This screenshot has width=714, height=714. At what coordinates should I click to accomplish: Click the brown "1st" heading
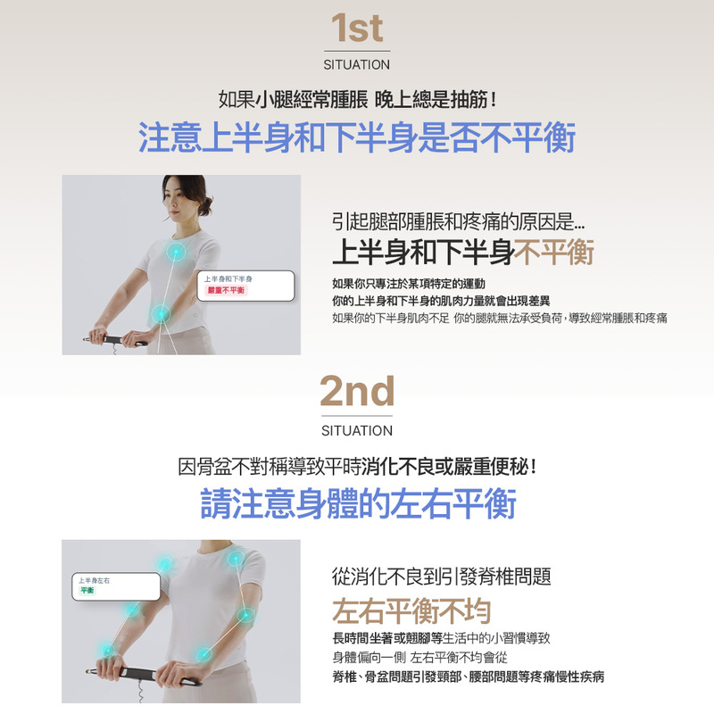click(357, 29)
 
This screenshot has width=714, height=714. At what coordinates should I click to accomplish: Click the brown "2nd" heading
click(357, 391)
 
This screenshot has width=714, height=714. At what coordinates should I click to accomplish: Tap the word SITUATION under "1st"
click(356, 65)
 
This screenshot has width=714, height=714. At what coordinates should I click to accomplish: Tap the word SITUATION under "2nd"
click(357, 431)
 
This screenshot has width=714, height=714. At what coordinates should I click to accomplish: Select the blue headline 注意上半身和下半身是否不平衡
click(357, 137)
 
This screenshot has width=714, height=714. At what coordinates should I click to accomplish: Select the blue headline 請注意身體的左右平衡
click(359, 503)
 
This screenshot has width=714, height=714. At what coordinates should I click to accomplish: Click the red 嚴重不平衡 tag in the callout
click(226, 290)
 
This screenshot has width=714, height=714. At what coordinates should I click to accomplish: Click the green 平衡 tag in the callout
click(87, 590)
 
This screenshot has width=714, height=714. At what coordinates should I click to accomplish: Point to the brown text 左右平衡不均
click(411, 610)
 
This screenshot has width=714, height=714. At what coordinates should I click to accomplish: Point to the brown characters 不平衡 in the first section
click(554, 252)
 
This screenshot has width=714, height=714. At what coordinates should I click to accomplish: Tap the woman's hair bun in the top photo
click(205, 205)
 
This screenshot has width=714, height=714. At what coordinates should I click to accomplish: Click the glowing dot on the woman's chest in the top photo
click(176, 252)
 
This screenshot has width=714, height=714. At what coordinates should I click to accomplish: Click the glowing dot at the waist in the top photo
click(162, 314)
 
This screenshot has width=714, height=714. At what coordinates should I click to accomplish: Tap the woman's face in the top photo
click(177, 199)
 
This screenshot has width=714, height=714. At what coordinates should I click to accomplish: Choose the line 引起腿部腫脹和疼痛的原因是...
click(458, 221)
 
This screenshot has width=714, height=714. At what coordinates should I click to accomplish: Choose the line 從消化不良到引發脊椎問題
click(442, 577)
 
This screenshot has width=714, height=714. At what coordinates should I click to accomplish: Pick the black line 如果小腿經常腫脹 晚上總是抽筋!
click(357, 99)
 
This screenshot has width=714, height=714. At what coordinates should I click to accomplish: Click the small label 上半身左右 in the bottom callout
click(94, 581)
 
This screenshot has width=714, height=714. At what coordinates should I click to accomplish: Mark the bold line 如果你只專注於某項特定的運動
click(409, 284)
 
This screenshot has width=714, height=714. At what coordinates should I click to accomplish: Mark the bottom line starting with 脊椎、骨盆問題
click(468, 677)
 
